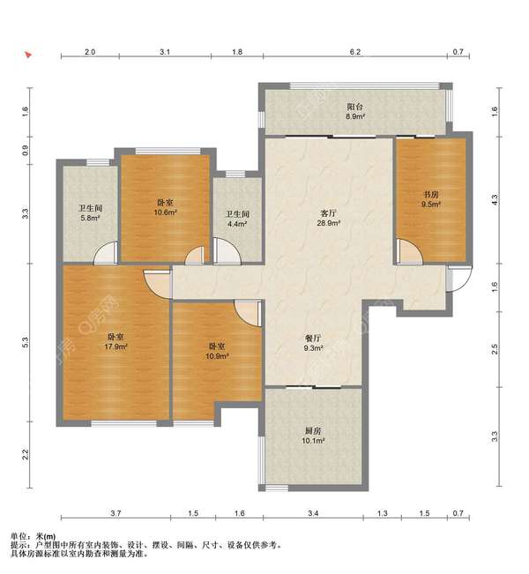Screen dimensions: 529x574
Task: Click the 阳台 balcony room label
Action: (354, 107)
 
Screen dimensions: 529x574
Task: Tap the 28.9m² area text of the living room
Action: (329, 222)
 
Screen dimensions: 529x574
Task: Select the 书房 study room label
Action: (431, 195)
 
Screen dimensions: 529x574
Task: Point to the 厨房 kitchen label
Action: (313, 431)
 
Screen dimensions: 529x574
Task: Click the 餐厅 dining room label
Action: (313, 339)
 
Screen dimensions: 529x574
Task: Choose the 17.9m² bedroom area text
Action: (115, 347)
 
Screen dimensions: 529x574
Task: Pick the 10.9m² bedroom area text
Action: (217, 356)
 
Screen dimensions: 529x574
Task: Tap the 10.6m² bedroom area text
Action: (166, 212)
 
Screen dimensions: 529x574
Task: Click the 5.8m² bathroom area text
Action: (91, 218)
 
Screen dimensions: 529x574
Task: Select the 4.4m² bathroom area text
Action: (237, 224)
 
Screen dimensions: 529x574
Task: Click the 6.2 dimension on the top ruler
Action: (355, 52)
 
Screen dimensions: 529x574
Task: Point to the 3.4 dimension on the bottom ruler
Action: (313, 513)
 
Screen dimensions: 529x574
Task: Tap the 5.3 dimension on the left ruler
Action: (25, 342)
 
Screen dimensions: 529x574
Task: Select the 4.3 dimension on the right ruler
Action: (495, 200)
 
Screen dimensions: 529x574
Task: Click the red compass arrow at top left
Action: (28, 55)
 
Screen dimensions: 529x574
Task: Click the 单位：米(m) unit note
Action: (33, 537)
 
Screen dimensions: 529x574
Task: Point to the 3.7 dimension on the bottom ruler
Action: (115, 513)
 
